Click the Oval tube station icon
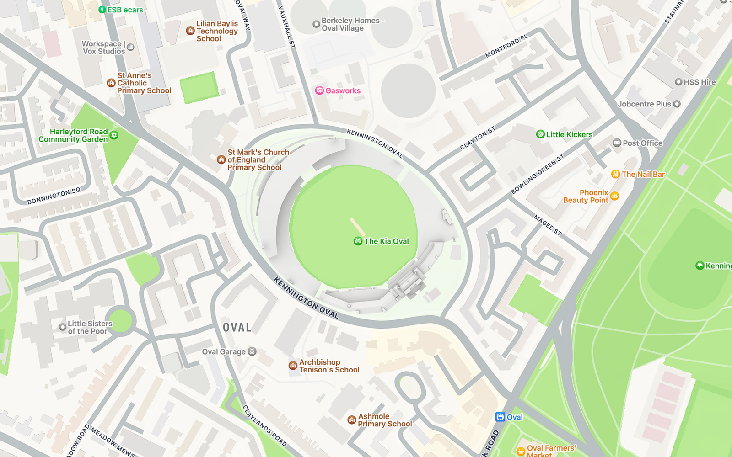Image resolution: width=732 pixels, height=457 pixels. coord(500,417)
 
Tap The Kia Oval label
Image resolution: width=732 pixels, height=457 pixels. coord(387,241)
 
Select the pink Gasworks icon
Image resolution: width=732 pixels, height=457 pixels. coord(319,90)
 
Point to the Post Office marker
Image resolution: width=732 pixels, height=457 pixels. coord(617,143)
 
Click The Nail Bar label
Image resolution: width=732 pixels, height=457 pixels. coord(643,174)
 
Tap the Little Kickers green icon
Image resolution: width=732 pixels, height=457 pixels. coord(540,134)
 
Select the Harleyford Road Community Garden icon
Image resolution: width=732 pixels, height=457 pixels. coord(114,135)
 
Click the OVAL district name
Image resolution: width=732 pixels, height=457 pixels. coord(237,328)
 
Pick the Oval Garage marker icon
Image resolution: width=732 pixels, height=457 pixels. coord(252,351)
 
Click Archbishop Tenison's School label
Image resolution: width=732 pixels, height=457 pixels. coord(329,366)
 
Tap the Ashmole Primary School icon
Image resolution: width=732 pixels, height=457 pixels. coord(351,420)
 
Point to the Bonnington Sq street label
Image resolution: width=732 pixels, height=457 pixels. coord(54,196)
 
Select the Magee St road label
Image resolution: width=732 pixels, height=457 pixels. coord(548,225)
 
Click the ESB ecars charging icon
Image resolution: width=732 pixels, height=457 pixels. coord(102,10)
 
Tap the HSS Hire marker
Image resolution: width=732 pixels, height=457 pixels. coord(678,82)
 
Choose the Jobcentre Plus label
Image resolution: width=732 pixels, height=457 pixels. coord(644,104)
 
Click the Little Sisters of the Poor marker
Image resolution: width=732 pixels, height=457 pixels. coord(63,327)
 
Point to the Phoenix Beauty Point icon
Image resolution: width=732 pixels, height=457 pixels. coord(614,196)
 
